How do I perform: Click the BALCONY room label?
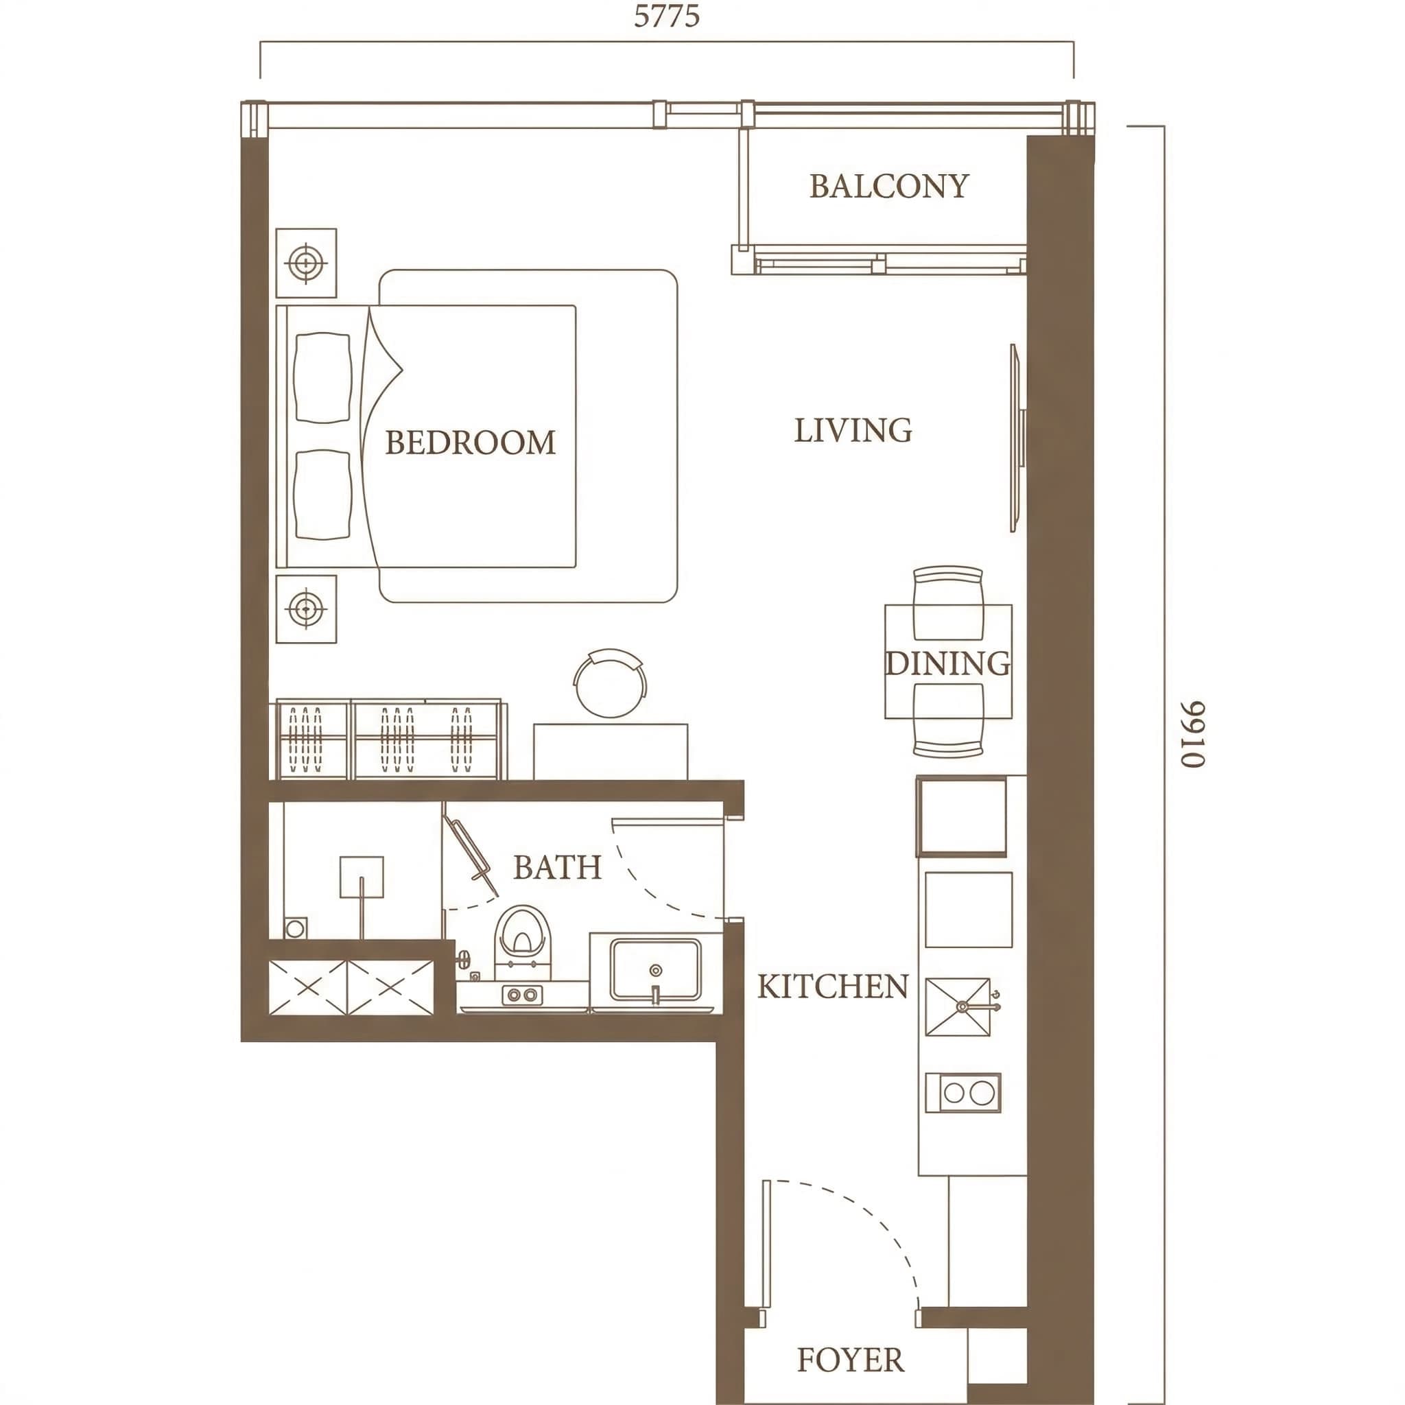888,186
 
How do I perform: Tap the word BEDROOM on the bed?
470,442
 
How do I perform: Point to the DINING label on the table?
947,663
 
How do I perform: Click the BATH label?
557,867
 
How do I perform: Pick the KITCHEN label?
833,986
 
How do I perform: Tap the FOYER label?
850,1359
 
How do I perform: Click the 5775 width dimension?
666,16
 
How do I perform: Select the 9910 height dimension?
1192,734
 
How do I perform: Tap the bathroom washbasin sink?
655,969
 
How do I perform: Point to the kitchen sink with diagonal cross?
958,1006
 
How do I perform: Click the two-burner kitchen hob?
963,1093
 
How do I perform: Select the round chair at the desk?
610,682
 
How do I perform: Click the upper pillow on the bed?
322,377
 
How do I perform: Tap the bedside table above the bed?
306,263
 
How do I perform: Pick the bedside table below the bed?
306,609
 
